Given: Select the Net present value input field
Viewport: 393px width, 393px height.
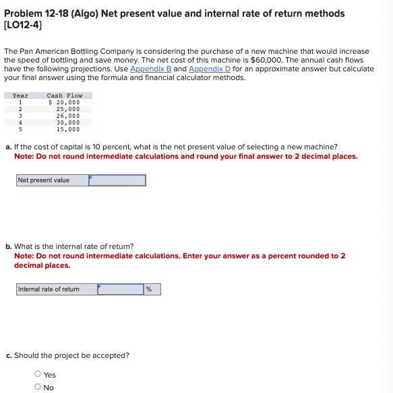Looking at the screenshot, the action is [x=117, y=180].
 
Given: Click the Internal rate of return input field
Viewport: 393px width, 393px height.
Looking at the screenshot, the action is [x=121, y=289].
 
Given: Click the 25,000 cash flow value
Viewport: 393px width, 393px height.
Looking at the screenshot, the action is [x=67, y=109].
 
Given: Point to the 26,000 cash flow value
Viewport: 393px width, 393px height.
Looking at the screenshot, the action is [x=67, y=116].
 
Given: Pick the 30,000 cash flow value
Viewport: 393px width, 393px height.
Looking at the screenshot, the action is [x=67, y=122].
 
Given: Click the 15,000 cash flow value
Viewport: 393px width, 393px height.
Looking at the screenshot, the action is [x=67, y=129].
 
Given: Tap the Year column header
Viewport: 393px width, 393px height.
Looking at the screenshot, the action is [x=21, y=96].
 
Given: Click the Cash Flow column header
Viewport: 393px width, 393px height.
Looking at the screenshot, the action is [x=65, y=96].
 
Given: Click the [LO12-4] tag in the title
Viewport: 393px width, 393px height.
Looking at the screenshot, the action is [x=24, y=26].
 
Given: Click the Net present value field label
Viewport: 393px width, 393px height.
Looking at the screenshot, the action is [x=44, y=180].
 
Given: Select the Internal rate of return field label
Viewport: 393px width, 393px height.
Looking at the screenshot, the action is [x=49, y=289].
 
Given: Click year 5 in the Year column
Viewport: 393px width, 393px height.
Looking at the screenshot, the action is [x=21, y=129].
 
